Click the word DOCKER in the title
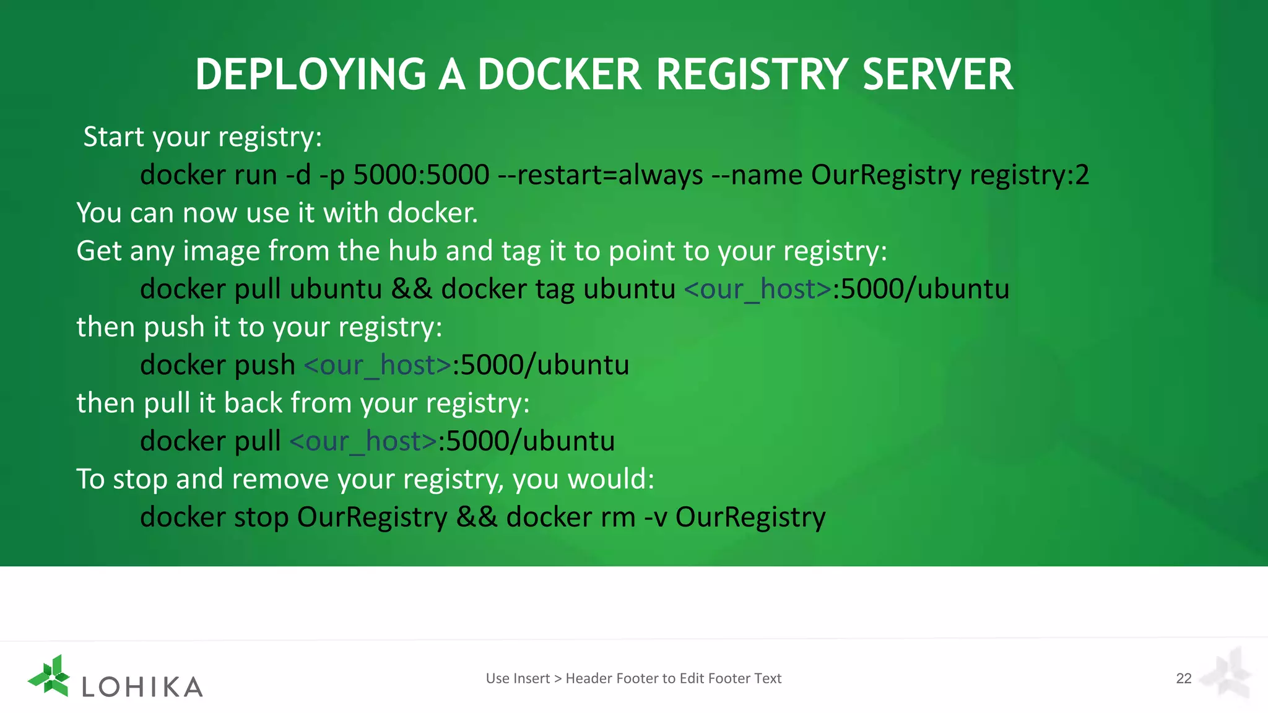[x=559, y=75]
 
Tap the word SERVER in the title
[x=937, y=75]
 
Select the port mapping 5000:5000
[x=421, y=175]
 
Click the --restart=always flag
[x=601, y=175]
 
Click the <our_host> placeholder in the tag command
[x=758, y=289]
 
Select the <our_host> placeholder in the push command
[x=378, y=365]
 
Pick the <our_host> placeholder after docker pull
[x=363, y=441]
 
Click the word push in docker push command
[x=264, y=365]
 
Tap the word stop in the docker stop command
[x=261, y=517]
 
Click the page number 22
[x=1183, y=678]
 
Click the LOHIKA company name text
[x=142, y=687]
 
